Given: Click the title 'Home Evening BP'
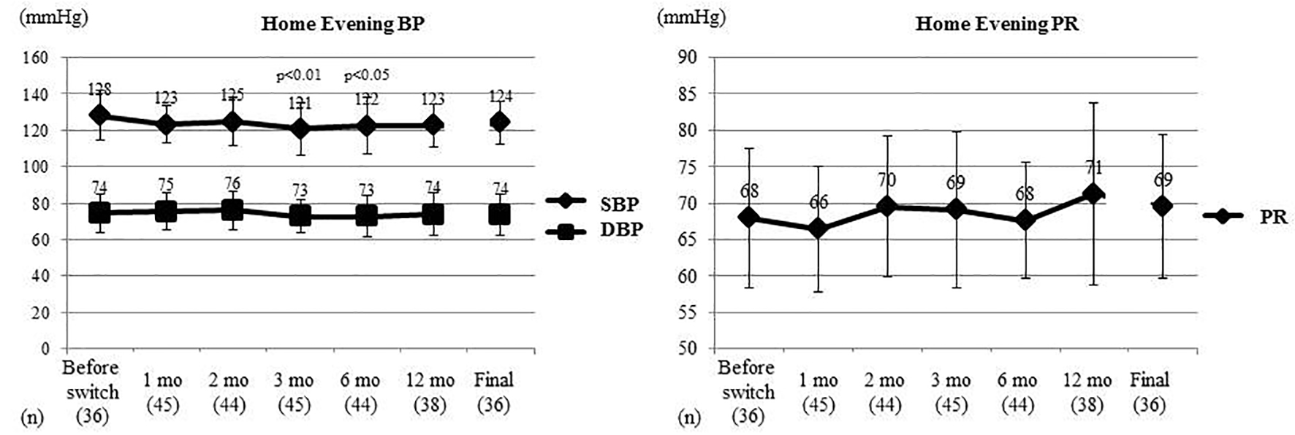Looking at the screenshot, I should pos(343,24).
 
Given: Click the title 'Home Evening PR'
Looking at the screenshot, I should pos(997,24).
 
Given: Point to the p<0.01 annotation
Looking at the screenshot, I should pos(298,75).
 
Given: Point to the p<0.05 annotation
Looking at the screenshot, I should pos(366,75).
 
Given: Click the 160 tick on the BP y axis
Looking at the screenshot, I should pos(36,58).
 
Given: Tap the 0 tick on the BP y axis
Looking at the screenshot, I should pos(45,349).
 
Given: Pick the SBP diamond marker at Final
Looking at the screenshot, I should pos(500,122).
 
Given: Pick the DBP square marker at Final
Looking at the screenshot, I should pos(500,215).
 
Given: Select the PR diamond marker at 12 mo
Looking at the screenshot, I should pos(1093,194).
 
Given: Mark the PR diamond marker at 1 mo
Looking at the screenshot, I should pos(817,228).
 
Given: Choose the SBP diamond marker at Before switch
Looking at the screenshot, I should pos(100,115).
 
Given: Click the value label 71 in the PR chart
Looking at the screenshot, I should pos(1093,168).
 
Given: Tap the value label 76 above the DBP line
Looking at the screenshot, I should pos(232,184).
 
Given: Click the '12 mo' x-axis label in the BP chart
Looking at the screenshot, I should pos(430,381).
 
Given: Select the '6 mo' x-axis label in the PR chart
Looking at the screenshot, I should pos(1017,381).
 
